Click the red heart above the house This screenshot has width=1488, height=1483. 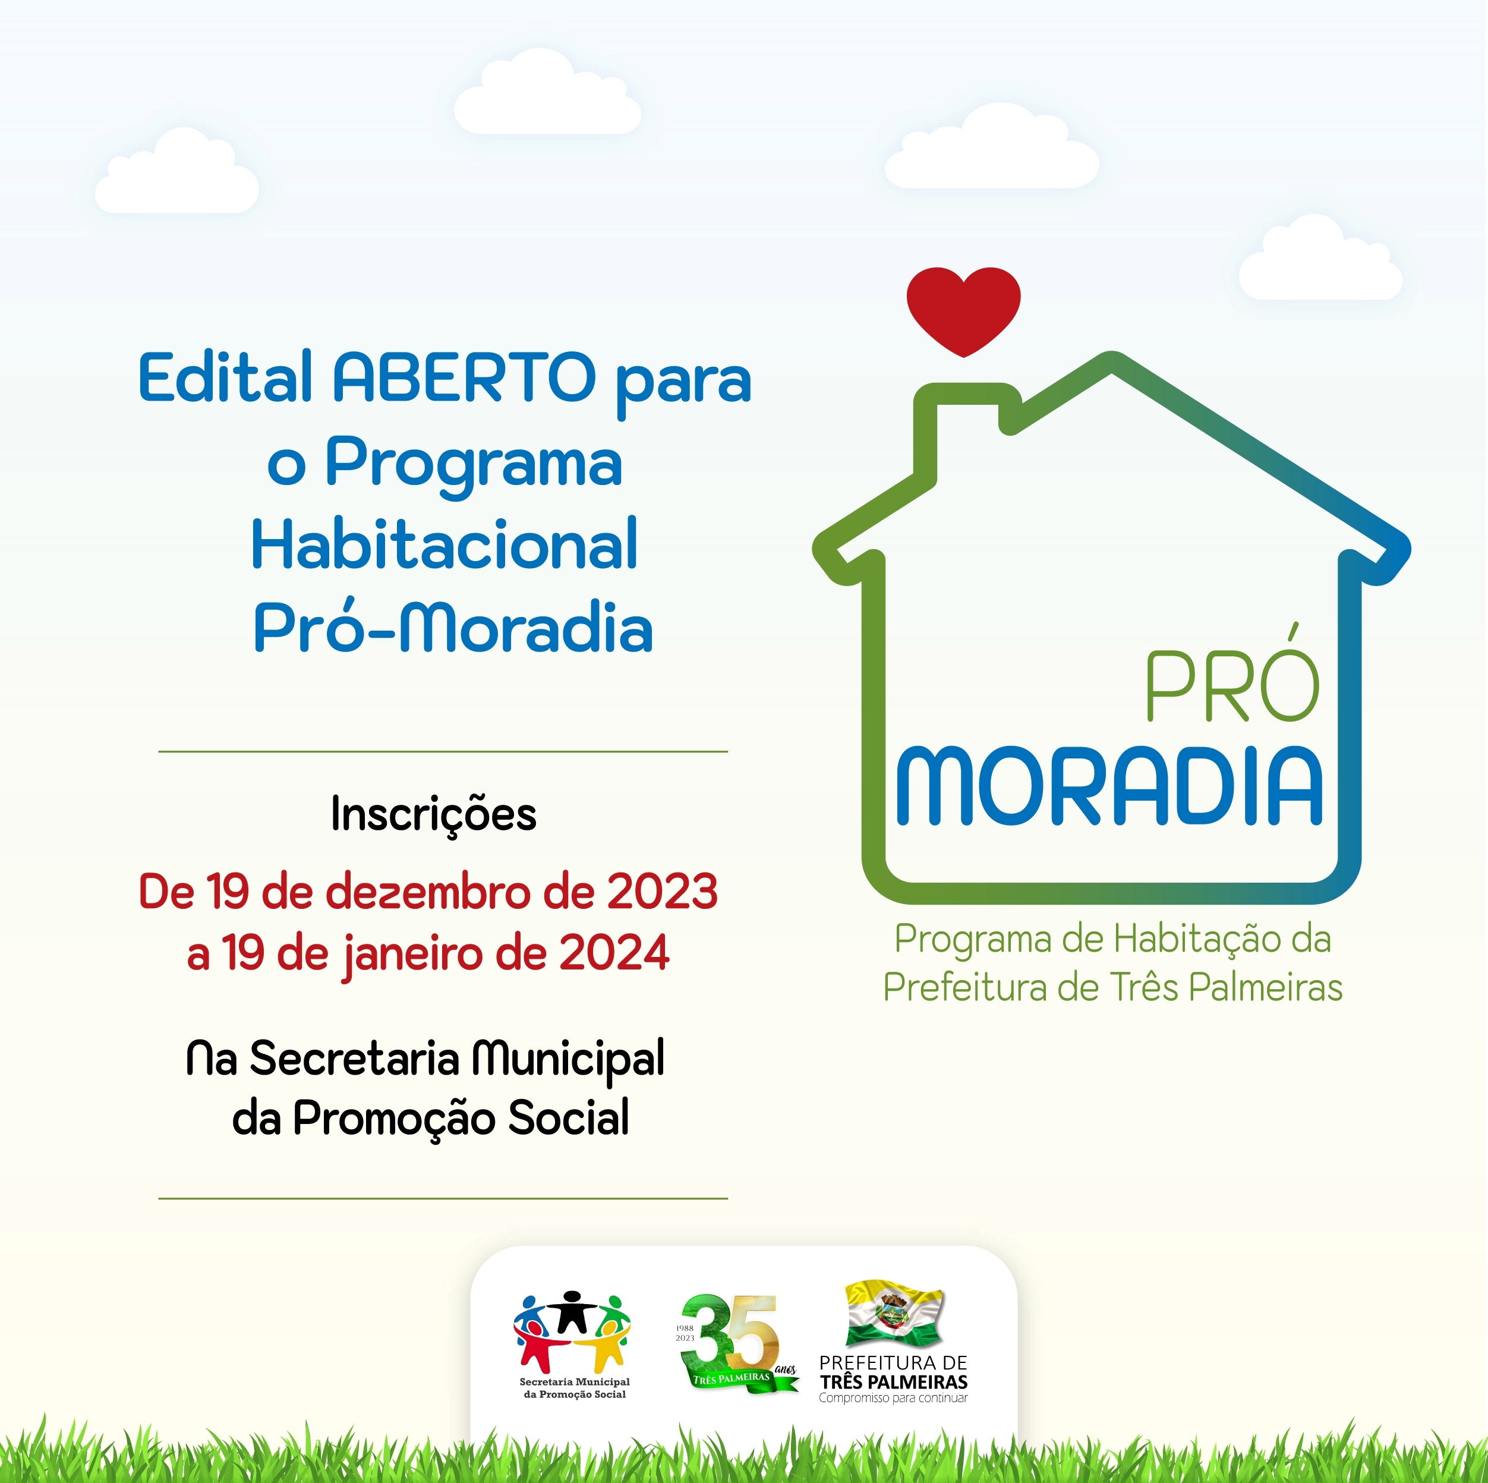(x=963, y=310)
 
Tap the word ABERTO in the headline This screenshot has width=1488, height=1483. (x=465, y=377)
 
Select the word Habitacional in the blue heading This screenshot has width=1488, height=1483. (x=444, y=544)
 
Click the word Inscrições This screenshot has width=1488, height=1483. (x=434, y=815)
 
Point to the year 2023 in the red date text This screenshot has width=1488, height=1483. (x=663, y=892)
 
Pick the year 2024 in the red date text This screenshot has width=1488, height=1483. (x=614, y=952)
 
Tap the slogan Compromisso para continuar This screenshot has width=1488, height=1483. (x=893, y=1398)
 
